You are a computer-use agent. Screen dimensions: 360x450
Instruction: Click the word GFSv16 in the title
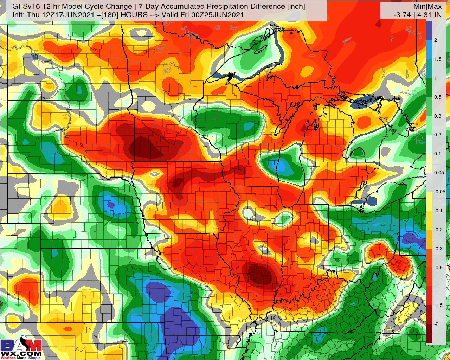click(x=24, y=6)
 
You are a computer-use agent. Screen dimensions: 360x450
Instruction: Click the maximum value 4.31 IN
click(x=428, y=15)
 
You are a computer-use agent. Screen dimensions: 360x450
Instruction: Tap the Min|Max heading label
click(x=427, y=6)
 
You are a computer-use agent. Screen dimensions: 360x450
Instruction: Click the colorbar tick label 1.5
click(x=437, y=59)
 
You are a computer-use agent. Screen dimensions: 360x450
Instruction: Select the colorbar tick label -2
click(x=436, y=324)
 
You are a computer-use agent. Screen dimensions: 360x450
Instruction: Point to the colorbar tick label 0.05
click(x=439, y=173)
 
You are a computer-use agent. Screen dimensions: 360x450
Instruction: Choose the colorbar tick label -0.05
click(x=439, y=192)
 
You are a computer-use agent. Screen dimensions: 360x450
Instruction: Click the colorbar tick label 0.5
click(x=437, y=97)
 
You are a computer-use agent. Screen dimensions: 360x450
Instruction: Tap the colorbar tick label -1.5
click(x=438, y=305)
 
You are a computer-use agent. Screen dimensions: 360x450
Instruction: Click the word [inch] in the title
click(x=295, y=6)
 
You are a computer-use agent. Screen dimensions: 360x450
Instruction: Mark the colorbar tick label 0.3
click(x=437, y=116)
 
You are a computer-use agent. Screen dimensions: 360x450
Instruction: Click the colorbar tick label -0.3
click(x=438, y=249)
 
